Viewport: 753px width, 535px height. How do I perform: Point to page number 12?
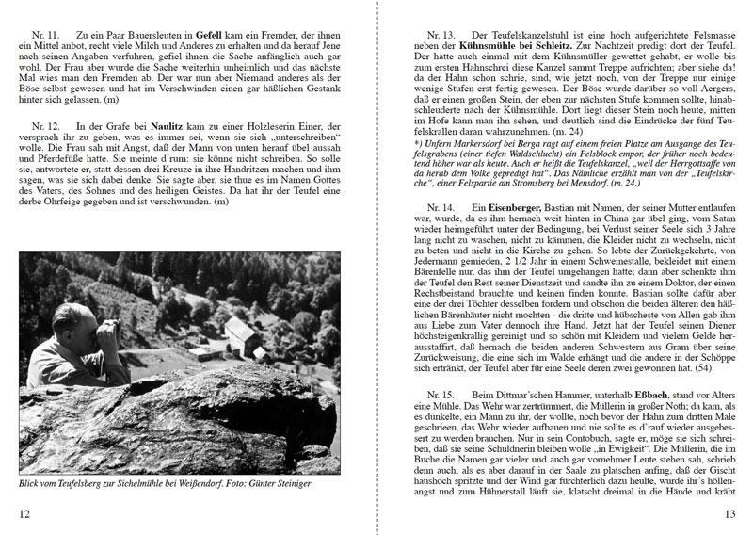tap(25, 513)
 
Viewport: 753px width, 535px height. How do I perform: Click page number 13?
tap(729, 513)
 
